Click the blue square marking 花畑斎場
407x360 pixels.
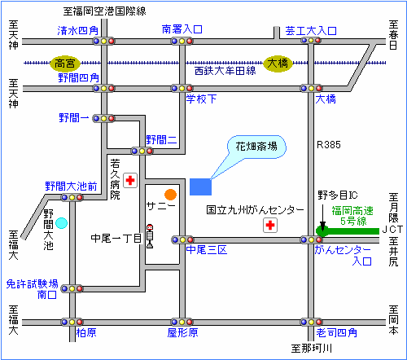200,187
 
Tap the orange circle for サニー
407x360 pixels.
170,195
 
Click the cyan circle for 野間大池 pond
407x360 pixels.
61,223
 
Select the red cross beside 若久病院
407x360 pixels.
130,180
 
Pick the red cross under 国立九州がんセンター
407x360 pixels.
270,225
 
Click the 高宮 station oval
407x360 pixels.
65,64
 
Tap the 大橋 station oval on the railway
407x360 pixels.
278,64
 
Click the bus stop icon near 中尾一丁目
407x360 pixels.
150,236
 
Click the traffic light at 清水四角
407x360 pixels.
103,42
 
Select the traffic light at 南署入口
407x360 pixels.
182,42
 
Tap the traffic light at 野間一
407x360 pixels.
103,118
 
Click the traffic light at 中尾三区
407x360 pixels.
182,239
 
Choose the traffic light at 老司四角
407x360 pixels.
311,322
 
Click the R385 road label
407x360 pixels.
329,145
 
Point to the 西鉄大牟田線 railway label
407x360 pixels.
225,71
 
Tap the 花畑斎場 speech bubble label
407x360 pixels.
256,147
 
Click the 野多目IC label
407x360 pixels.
338,195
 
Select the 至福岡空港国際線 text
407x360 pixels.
105,11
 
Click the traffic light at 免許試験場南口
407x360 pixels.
72,288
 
